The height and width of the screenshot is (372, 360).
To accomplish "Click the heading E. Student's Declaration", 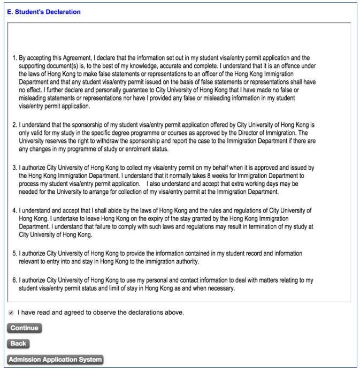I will point(44,12).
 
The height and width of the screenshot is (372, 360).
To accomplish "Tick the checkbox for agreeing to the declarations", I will point(11,313).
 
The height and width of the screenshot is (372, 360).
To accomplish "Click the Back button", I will point(18,344).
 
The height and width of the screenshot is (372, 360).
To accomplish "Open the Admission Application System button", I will point(55,360).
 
